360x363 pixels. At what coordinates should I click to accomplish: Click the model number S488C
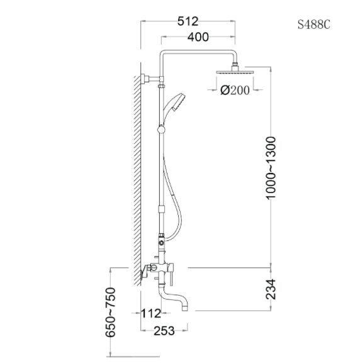pyautogui.click(x=314, y=25)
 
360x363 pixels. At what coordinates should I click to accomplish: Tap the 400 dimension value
pyautogui.click(x=198, y=37)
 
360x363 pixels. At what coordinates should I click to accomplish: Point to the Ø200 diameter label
pyautogui.click(x=235, y=90)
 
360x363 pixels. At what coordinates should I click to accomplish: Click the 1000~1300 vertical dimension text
pyautogui.click(x=271, y=167)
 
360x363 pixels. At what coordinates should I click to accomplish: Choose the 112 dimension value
pyautogui.click(x=151, y=313)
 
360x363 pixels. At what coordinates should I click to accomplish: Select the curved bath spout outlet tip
pyautogui.click(x=185, y=306)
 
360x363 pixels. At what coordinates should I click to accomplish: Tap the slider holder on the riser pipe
pyautogui.click(x=162, y=130)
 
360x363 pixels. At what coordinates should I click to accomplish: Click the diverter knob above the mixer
pyautogui.click(x=161, y=240)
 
